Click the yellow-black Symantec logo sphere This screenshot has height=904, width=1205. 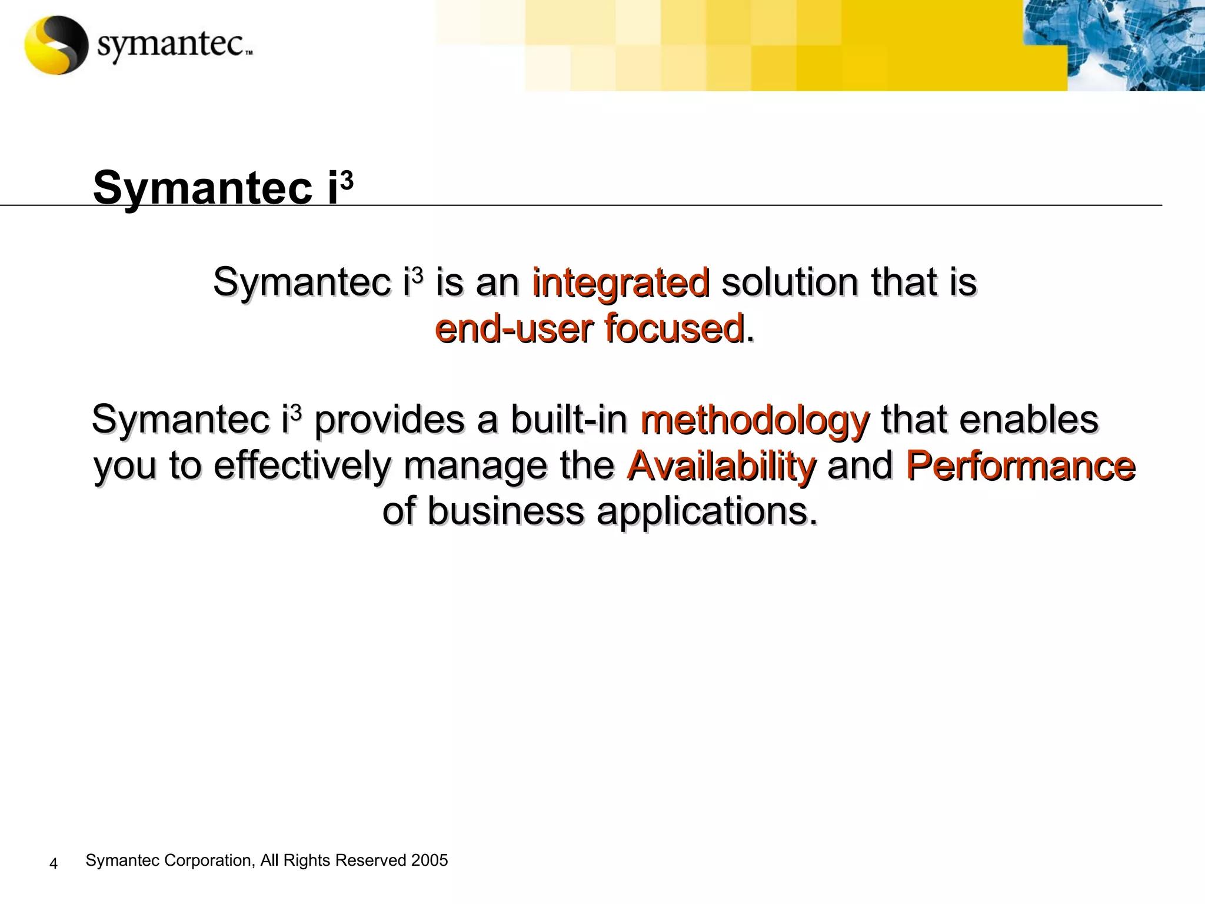click(56, 45)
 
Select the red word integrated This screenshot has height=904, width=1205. click(621, 282)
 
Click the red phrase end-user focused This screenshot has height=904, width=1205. click(590, 328)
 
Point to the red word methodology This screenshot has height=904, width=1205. click(754, 420)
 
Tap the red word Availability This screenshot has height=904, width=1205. click(721, 466)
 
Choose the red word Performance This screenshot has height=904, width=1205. click(1020, 466)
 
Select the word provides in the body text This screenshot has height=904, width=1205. click(390, 420)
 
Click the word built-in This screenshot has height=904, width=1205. click(569, 420)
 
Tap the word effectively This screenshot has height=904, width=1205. click(302, 466)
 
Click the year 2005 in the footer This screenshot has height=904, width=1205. click(430, 860)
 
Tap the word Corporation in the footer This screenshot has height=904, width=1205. click(209, 860)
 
